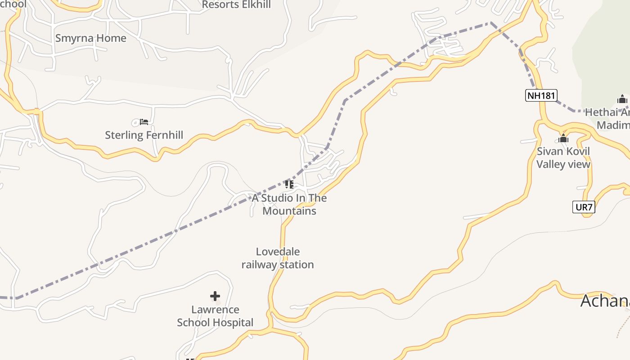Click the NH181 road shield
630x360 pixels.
click(x=541, y=95)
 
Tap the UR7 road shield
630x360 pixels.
click(x=584, y=207)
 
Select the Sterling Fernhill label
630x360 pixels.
click(x=144, y=135)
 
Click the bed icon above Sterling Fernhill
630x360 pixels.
click(x=144, y=121)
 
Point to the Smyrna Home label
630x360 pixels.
click(x=91, y=38)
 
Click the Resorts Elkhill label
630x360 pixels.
click(x=236, y=5)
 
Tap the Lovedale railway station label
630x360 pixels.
click(x=278, y=258)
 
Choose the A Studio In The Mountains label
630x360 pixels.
click(x=289, y=204)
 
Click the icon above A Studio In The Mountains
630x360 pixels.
click(x=289, y=184)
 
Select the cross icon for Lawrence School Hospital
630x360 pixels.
click(x=215, y=296)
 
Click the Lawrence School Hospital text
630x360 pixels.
click(x=215, y=316)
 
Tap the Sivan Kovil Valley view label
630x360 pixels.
click(x=563, y=157)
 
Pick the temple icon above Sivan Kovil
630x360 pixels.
click(x=563, y=139)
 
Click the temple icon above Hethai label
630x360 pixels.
click(x=622, y=99)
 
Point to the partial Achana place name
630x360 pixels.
click(x=604, y=301)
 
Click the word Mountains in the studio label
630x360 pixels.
click(x=289, y=211)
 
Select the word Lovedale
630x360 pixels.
click(x=278, y=252)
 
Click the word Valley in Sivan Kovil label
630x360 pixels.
click(x=549, y=164)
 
